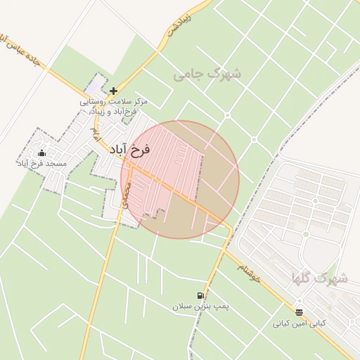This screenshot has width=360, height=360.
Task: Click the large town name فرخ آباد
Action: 131,149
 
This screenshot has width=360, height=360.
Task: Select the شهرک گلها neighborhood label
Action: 320,278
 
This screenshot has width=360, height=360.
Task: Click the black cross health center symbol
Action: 114,91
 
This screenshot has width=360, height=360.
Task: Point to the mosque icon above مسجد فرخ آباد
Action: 41,153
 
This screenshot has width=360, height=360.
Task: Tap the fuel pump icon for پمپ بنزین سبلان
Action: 202,296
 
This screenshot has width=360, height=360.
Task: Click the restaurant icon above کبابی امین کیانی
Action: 300,312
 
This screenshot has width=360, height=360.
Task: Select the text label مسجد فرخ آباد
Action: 41,163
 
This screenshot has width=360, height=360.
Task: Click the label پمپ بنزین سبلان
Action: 202,307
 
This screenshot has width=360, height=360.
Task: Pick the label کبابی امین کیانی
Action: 300,323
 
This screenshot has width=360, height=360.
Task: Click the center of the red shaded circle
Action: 180,179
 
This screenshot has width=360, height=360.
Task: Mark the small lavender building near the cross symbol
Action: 95,91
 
